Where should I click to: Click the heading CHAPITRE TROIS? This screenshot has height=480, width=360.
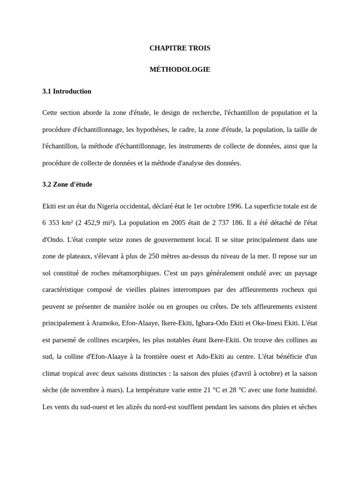(x=180, y=48)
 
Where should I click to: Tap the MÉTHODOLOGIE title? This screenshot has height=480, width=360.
(x=180, y=69)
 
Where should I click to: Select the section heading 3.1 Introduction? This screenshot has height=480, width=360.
(x=67, y=91)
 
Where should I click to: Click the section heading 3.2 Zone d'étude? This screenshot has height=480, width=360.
(x=67, y=184)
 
